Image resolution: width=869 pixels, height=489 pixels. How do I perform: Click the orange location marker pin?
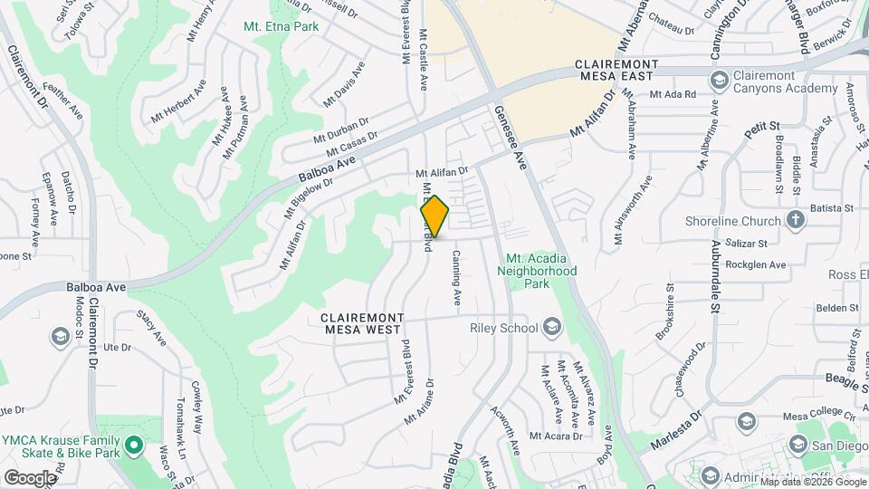(x=434, y=217)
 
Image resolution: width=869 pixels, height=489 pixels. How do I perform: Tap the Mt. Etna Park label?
(x=281, y=26)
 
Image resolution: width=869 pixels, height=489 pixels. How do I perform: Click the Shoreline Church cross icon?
(x=795, y=220)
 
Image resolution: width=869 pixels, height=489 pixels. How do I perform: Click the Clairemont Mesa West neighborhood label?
(x=361, y=324)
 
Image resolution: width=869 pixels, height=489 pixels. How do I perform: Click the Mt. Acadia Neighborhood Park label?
(x=541, y=271)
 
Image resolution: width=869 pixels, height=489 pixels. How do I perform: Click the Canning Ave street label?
(x=457, y=278)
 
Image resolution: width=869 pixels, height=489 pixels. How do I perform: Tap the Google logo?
(x=31, y=477)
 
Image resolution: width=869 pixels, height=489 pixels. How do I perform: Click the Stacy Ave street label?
(x=151, y=327)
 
